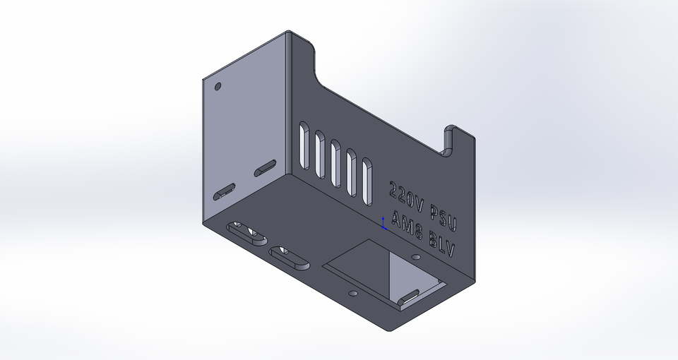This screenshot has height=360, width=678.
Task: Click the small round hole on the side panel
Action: (218, 86)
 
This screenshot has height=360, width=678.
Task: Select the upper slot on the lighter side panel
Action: (266, 168)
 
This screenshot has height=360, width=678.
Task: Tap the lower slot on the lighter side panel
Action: (225, 191)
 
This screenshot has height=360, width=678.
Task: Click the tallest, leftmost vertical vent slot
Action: (304, 145)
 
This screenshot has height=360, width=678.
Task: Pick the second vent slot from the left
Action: (320, 152)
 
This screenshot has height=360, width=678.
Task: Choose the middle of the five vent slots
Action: (336, 160)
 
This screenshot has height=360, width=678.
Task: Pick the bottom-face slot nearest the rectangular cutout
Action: (290, 257)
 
